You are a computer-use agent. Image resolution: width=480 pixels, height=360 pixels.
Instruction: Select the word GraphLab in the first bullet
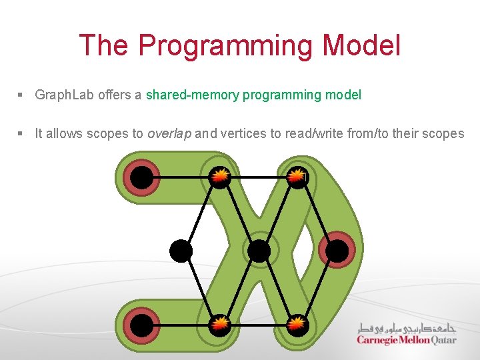click(x=65, y=95)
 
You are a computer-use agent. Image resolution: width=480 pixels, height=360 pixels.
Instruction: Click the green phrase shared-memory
click(x=192, y=95)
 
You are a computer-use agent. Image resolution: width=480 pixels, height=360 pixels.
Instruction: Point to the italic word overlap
click(x=169, y=133)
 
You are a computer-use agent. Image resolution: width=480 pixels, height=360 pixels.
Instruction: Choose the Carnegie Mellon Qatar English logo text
click(x=407, y=339)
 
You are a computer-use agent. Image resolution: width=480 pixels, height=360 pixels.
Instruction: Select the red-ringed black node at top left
click(x=141, y=177)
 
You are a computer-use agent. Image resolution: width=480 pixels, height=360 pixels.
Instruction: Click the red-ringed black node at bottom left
click(x=141, y=325)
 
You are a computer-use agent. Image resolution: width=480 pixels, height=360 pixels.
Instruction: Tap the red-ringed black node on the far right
click(x=337, y=251)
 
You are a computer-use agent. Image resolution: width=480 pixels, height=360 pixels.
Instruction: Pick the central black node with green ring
click(x=258, y=251)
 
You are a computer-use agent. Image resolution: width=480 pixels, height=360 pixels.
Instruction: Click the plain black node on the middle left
click(x=181, y=251)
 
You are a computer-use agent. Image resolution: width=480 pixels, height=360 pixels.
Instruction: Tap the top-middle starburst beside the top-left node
click(x=220, y=176)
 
